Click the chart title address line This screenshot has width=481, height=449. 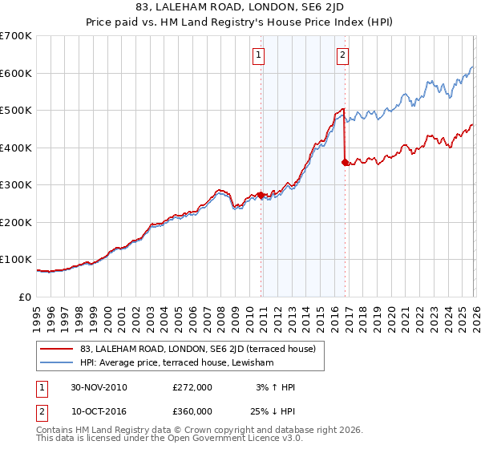pos(240,7)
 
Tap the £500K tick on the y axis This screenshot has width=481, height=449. pos(16,110)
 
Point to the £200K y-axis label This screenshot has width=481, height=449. pos(16,222)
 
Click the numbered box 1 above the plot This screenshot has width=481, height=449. pos(260,55)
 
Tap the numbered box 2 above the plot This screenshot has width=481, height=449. pos(342,55)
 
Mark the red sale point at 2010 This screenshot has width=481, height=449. pos(261,195)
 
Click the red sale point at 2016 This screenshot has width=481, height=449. pos(345,162)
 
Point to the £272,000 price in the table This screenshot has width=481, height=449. pos(192,387)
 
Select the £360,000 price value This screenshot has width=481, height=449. pos(192,411)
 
